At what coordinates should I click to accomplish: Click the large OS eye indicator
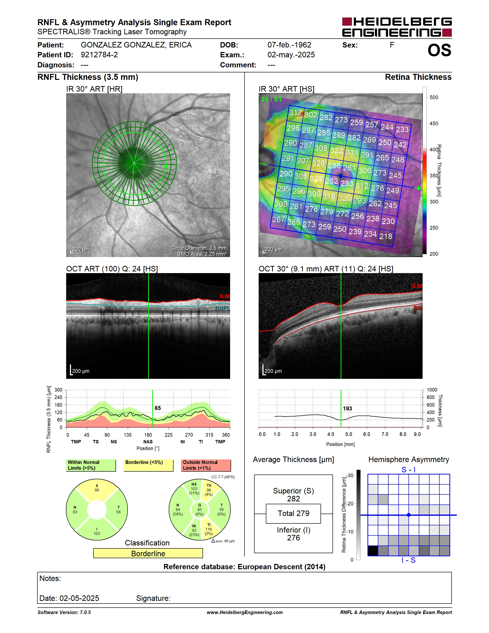439,50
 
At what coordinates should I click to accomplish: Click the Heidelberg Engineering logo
397,27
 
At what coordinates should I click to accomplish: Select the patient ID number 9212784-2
99,55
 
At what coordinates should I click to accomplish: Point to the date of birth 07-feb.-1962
289,45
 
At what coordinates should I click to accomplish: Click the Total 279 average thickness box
293,514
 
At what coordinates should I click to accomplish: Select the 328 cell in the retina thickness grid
317,178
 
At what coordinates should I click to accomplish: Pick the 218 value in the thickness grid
386,236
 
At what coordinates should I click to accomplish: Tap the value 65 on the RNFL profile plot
157,408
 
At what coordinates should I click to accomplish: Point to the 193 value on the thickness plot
347,409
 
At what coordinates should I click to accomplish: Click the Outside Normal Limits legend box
206,465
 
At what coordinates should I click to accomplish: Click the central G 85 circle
200,510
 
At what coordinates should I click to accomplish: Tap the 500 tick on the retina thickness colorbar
434,97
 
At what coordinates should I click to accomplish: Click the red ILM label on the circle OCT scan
225,296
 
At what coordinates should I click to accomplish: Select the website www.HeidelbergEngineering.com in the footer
244,612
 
